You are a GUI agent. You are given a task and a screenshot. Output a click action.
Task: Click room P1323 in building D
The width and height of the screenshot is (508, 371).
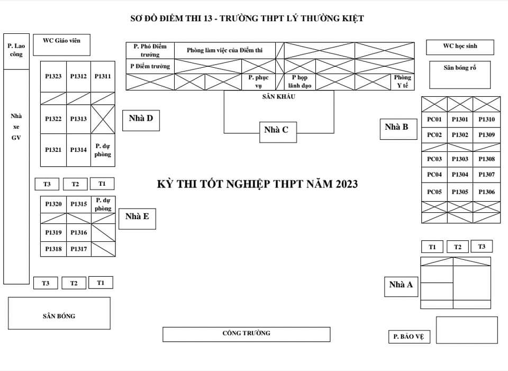click(53, 77)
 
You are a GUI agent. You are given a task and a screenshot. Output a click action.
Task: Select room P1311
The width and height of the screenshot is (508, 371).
click(103, 77)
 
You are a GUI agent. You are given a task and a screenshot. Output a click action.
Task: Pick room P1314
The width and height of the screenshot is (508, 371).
click(78, 150)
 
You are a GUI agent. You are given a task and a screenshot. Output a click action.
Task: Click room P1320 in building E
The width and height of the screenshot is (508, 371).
click(53, 204)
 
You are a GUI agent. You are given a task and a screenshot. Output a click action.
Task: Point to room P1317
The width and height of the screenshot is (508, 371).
click(78, 249)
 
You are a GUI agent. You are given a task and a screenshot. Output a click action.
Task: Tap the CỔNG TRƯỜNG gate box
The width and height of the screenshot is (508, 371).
click(246, 334)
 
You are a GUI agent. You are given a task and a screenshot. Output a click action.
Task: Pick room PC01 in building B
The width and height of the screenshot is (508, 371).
click(434, 120)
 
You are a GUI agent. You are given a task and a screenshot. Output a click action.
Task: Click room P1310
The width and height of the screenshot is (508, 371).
click(486, 120)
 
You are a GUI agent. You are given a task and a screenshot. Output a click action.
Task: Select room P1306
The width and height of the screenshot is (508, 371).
click(486, 192)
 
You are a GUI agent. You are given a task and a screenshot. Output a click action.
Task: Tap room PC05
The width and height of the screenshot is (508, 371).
click(434, 192)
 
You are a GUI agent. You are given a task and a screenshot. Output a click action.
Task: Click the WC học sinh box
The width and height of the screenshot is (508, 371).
click(460, 47)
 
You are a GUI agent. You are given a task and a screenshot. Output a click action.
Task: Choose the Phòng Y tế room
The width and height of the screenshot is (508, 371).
click(402, 82)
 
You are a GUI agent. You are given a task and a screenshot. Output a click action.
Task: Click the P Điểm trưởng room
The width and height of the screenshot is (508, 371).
click(150, 66)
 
